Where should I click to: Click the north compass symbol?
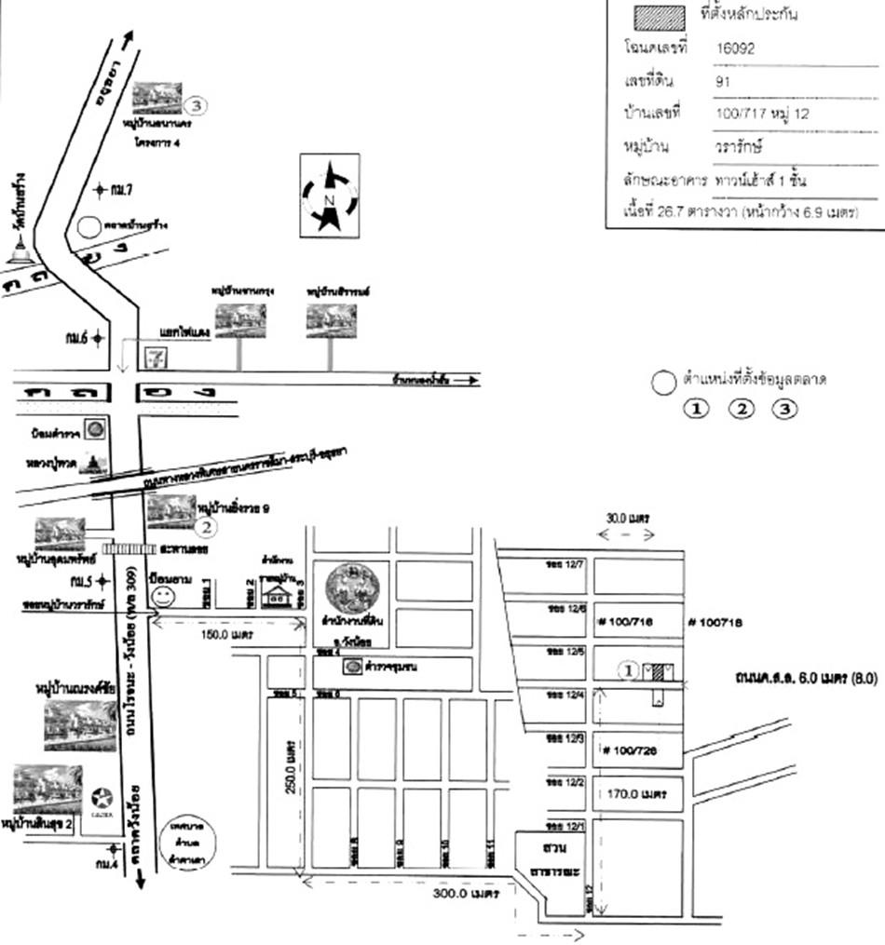pos(328,196)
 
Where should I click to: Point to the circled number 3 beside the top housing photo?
pos(197,104)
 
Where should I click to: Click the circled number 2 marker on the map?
pos(206,528)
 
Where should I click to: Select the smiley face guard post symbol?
pos(164,593)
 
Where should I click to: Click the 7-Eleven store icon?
pos(154,357)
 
